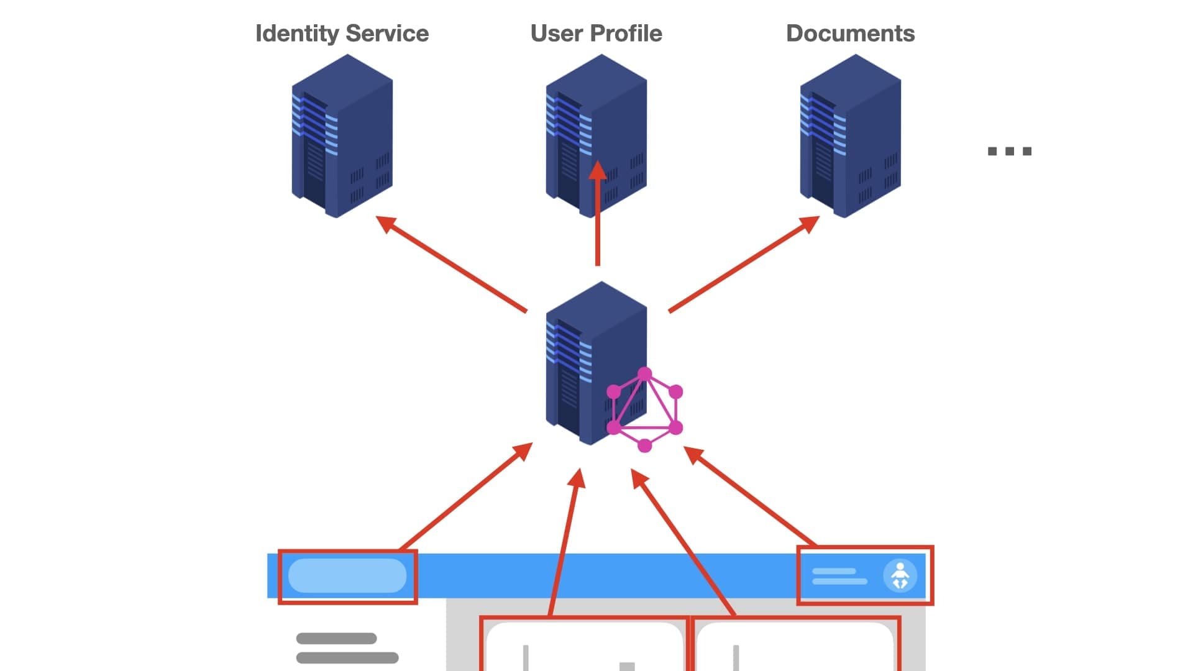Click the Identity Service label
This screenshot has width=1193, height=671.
[x=342, y=34]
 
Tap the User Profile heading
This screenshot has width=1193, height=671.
[x=596, y=34]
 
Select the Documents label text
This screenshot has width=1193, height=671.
[x=850, y=34]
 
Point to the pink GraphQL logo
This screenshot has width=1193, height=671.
[x=645, y=410]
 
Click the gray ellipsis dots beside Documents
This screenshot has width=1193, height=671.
[x=1010, y=151]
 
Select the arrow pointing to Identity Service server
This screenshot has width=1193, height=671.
[x=451, y=263]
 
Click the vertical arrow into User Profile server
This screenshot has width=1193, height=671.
[x=598, y=214]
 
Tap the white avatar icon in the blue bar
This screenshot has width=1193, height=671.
[x=900, y=576]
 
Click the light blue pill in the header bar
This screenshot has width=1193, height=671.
[x=347, y=575]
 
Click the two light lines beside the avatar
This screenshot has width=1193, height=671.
[x=839, y=577]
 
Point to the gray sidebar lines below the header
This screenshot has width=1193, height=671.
[x=347, y=648]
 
